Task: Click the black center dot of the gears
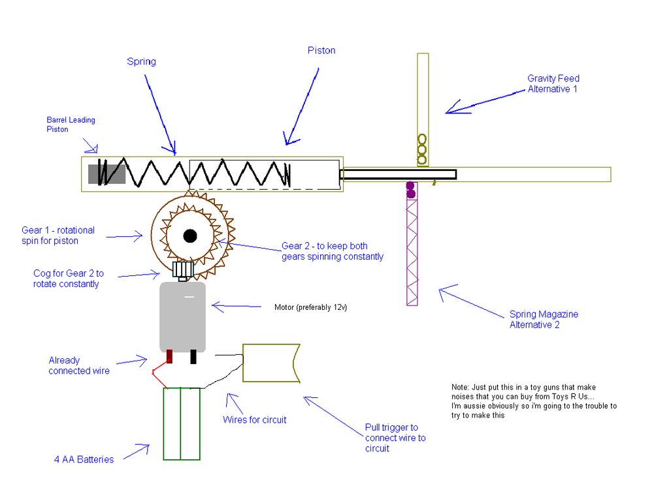pyautogui.click(x=190, y=236)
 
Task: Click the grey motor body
pyautogui.click(x=182, y=316)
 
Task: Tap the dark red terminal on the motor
pyautogui.click(x=170, y=357)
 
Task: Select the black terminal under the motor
pyautogui.click(x=193, y=357)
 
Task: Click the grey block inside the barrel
pyautogui.click(x=106, y=174)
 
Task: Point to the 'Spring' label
pyautogui.click(x=141, y=62)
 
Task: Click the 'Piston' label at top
pyautogui.click(x=321, y=50)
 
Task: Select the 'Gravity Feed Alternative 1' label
pyautogui.click(x=553, y=84)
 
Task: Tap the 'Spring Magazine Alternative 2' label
pyautogui.click(x=544, y=319)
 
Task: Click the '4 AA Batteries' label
pyautogui.click(x=84, y=459)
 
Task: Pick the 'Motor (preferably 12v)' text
pyautogui.click(x=310, y=307)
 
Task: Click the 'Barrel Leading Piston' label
pyautogui.click(x=71, y=125)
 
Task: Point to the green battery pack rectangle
pyautogui.click(x=181, y=423)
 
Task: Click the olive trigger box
pyautogui.click(x=270, y=363)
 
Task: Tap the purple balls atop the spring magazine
pyautogui.click(x=411, y=190)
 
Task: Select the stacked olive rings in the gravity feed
pyautogui.click(x=422, y=149)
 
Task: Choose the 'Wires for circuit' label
pyautogui.click(x=254, y=419)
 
